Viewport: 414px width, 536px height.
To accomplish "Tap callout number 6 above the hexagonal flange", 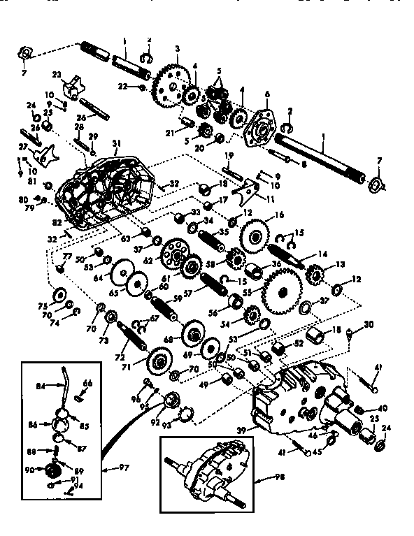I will click(x=266, y=94).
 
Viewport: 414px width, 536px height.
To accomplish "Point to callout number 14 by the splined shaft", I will click(x=303, y=254).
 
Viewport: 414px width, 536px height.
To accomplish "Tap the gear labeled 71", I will click(x=159, y=363).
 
